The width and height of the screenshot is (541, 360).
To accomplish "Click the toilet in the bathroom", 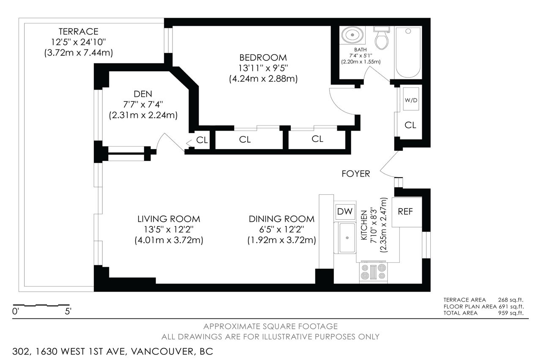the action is pyautogui.click(x=382, y=38).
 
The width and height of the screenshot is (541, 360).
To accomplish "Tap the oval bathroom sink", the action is pyautogui.click(x=352, y=35).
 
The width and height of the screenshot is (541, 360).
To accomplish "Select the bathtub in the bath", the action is pyautogui.click(x=408, y=52).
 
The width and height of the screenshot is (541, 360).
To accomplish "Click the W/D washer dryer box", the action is pyautogui.click(x=411, y=99).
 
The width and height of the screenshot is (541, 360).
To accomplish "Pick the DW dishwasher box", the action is pyautogui.click(x=344, y=212).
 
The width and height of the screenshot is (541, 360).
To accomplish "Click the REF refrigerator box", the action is pyautogui.click(x=407, y=212).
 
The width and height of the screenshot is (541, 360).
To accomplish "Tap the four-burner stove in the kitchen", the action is pyautogui.click(x=373, y=272).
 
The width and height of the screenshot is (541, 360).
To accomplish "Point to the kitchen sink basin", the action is pyautogui.click(x=347, y=238).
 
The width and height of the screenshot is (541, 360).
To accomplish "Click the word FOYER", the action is pyautogui.click(x=356, y=174).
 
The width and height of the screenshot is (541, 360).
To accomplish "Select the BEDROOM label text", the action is pyautogui.click(x=263, y=57).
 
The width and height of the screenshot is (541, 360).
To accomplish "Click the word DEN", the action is pyautogui.click(x=143, y=94).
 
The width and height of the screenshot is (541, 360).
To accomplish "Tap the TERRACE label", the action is pyautogui.click(x=79, y=31).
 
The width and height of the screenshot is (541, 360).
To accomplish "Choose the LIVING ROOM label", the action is pyautogui.click(x=169, y=219).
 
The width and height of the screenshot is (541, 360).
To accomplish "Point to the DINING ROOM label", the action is pyautogui.click(x=281, y=219).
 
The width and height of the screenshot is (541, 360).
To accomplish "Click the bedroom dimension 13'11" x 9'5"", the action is pyautogui.click(x=263, y=68).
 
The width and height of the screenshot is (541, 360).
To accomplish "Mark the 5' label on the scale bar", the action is pyautogui.click(x=68, y=311).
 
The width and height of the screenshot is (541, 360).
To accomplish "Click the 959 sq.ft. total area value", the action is pyautogui.click(x=511, y=313).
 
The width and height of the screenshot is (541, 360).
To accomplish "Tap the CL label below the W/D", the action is pyautogui.click(x=410, y=125).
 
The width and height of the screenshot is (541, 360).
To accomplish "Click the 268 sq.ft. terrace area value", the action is pyautogui.click(x=511, y=300).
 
